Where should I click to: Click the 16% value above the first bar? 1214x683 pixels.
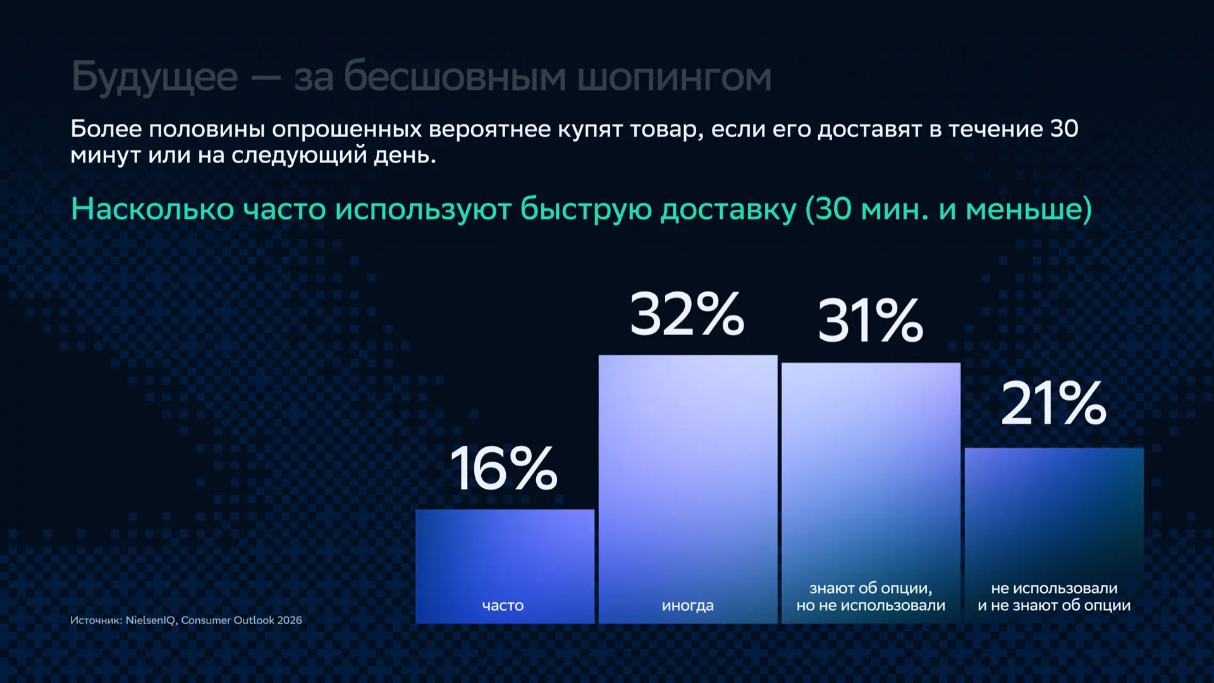[504, 468]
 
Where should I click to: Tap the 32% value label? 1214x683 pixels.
[687, 314]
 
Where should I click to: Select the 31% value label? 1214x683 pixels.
[871, 321]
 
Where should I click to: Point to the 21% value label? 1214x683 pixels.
[1054, 403]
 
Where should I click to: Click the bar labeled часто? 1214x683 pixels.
[505, 566]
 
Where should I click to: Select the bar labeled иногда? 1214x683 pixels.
[688, 489]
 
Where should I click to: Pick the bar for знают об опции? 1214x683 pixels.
[871, 493]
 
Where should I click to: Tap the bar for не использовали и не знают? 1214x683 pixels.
[1054, 536]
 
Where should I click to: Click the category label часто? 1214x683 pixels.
[503, 606]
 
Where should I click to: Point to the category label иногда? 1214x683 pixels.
[688, 606]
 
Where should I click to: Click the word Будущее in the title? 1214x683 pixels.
[155, 78]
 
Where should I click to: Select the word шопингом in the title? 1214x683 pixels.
[675, 78]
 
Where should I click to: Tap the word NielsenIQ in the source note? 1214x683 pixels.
[151, 620]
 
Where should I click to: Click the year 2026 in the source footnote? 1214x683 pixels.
[290, 620]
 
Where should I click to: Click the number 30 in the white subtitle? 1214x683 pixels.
[1064, 129]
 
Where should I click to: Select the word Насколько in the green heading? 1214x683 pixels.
[152, 209]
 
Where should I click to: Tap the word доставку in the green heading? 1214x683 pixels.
[728, 210]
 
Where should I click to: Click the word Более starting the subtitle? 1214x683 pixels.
[106, 129]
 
